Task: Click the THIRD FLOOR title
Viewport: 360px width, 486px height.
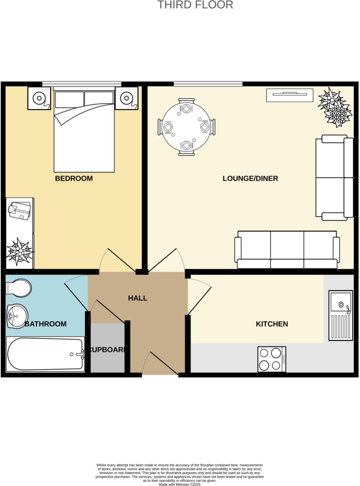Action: click(195, 5)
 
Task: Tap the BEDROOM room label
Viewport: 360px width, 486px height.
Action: click(74, 178)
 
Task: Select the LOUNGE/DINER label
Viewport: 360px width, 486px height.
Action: click(250, 178)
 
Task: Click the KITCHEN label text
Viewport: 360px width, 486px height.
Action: click(272, 324)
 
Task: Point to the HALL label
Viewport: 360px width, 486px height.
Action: click(138, 298)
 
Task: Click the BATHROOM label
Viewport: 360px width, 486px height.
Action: click(46, 324)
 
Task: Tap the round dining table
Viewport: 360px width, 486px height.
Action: click(186, 127)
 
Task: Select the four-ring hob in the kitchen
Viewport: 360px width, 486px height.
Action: click(272, 359)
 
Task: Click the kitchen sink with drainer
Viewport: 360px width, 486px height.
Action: click(340, 315)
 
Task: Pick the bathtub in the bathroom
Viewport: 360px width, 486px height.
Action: click(45, 354)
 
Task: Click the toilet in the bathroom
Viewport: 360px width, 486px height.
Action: click(19, 287)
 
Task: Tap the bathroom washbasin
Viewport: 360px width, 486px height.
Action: click(17, 316)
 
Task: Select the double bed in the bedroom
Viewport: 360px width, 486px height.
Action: click(84, 132)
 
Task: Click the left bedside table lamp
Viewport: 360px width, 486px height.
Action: click(39, 98)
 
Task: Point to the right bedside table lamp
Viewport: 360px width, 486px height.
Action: click(126, 98)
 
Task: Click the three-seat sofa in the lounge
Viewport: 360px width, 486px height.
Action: click(287, 250)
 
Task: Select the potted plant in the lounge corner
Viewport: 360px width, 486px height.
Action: click(335, 108)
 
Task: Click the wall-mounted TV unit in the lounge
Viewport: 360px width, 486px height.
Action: click(290, 95)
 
